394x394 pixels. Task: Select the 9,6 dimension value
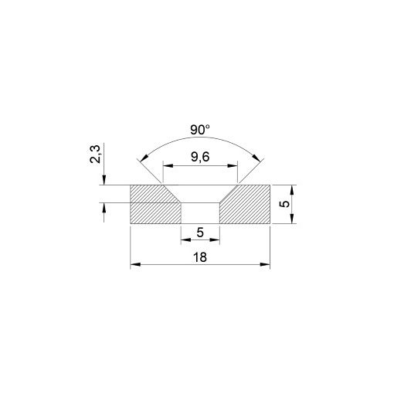tap(200, 158)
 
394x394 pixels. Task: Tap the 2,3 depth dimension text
tap(93, 158)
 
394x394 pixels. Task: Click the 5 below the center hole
tap(200, 233)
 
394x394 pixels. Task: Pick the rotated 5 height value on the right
tap(284, 205)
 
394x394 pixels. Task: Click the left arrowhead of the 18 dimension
tap(134, 265)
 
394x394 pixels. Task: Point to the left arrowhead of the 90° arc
tap(141, 160)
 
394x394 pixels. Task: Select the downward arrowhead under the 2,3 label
tap(103, 182)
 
